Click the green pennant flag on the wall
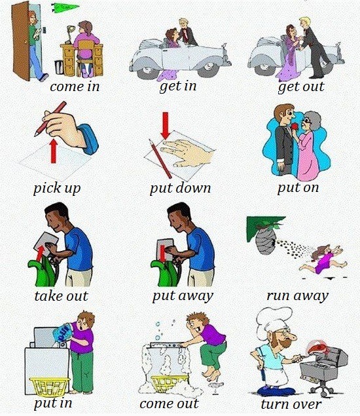tap(64, 7)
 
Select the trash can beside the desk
tap(59, 67)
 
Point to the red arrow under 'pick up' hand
tap(54, 151)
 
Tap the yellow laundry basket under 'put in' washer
tap(49, 387)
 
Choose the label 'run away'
tap(297, 296)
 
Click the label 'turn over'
tap(291, 404)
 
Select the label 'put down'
tap(180, 189)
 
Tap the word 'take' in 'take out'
tap(49, 296)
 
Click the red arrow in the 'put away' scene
tap(162, 253)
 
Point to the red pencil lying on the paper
tap(160, 159)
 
